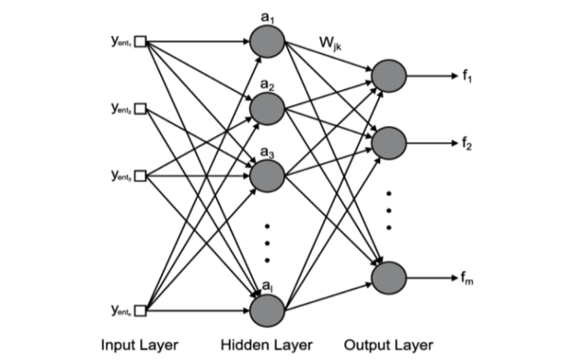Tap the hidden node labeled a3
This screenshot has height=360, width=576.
coord(267,175)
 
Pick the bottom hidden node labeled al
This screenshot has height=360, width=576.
coord(267,309)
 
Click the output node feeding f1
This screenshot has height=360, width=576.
coord(388,76)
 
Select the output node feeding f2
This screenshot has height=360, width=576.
coord(388,142)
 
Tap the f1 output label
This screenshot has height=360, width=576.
coord(469,76)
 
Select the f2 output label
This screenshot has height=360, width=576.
coord(469,142)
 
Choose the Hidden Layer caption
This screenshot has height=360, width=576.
coord(266,345)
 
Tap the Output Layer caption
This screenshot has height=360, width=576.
coord(388,345)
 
